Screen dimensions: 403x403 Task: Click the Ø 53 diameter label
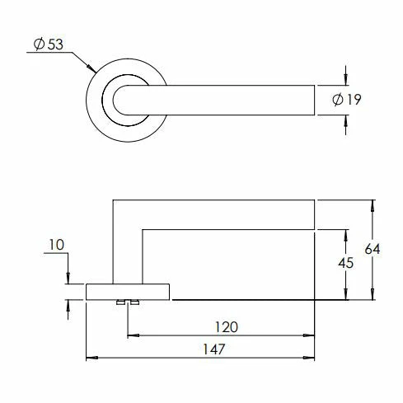pyautogui.click(x=49, y=45)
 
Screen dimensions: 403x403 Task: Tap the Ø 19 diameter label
pyautogui.click(x=346, y=100)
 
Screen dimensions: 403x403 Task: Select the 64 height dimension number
pyautogui.click(x=373, y=249)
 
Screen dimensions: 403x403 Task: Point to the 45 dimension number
pyautogui.click(x=345, y=263)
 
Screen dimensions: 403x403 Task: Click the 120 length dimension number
pyautogui.click(x=226, y=327)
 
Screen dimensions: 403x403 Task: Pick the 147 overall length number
pyautogui.click(x=214, y=349)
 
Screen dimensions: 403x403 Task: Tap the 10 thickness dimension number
pyautogui.click(x=57, y=245)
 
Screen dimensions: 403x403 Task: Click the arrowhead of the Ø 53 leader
pyautogui.click(x=91, y=68)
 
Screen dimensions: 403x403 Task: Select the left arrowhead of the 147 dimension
pyautogui.click(x=92, y=358)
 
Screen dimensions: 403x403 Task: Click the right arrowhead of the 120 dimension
pyautogui.click(x=308, y=335)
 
